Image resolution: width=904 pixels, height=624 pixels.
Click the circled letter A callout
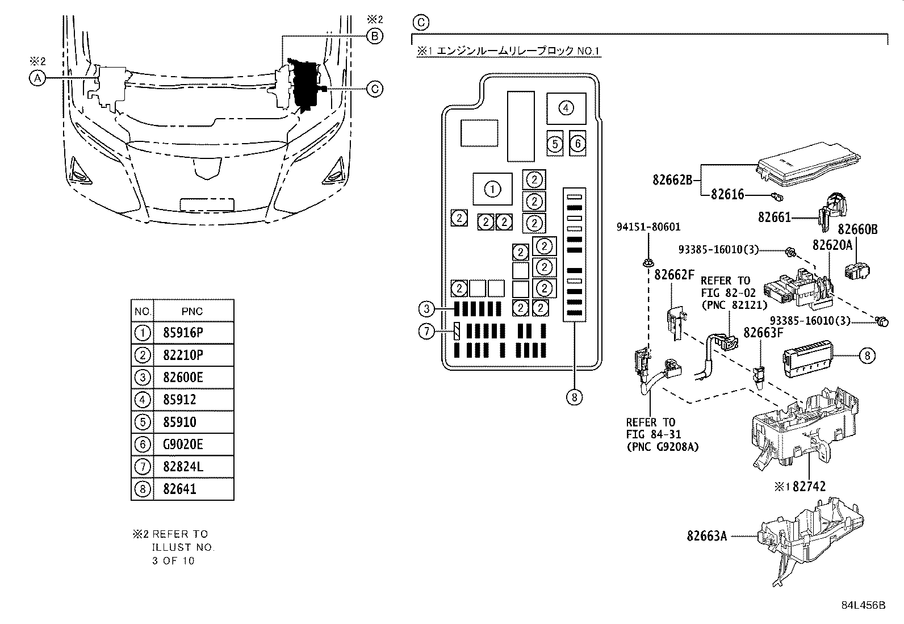coord(37,78)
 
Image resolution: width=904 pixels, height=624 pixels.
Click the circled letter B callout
coord(375,36)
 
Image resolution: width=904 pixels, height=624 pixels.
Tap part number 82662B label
coord(672,180)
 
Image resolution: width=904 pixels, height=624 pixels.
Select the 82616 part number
coord(727,195)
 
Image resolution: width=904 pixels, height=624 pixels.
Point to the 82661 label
coord(774,217)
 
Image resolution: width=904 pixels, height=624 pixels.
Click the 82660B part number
coord(857,229)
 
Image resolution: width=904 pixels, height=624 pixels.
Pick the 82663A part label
coord(706,536)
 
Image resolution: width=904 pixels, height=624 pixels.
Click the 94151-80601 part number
coord(648,227)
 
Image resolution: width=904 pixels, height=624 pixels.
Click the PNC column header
coord(192,311)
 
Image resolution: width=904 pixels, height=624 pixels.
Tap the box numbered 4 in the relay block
coord(566,108)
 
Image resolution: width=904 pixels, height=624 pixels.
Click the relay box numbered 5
coord(555,144)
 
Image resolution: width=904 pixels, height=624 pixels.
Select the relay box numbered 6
coord(577,143)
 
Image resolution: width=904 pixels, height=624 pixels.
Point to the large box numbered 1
coord(492,189)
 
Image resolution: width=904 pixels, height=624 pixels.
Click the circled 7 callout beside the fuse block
coord(426,332)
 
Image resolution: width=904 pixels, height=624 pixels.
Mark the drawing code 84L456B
coord(864,605)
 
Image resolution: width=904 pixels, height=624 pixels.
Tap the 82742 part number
coord(809,487)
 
